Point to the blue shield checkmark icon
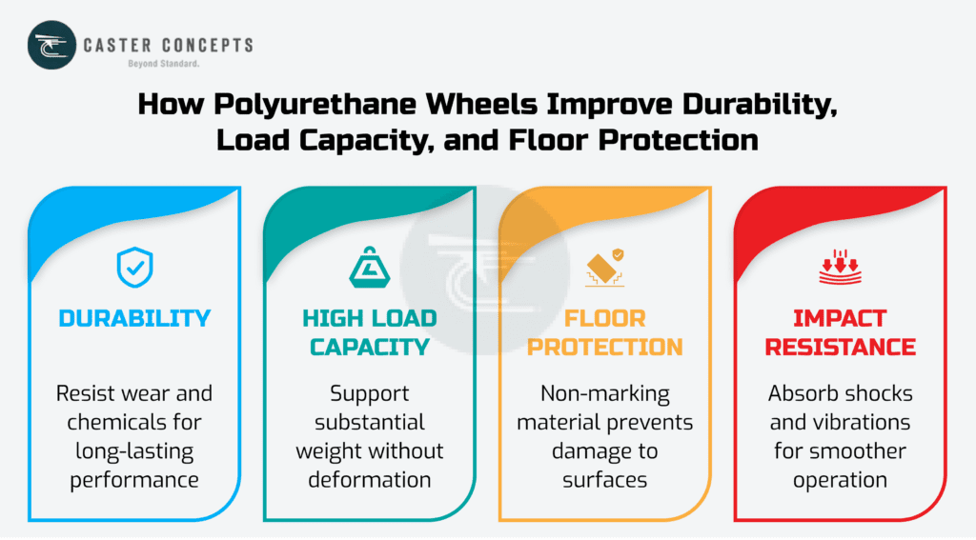(x=134, y=268)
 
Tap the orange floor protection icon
(x=604, y=268)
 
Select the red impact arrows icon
(x=840, y=269)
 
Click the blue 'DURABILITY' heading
(x=134, y=318)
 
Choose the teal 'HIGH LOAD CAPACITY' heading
(x=369, y=332)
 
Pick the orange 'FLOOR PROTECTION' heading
(x=604, y=332)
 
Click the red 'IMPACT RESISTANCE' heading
(x=840, y=332)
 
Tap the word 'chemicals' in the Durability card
(x=109, y=421)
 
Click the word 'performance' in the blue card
(x=134, y=479)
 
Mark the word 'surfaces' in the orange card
(x=604, y=479)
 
